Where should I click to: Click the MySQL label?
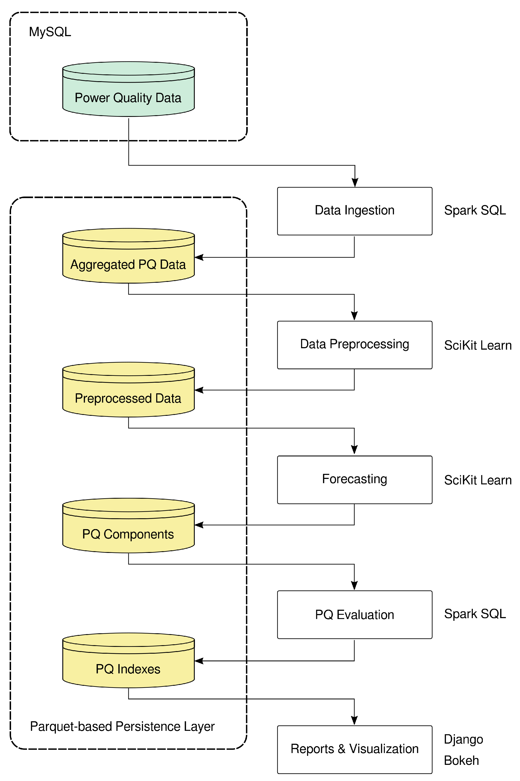50,32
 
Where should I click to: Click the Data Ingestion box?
354,211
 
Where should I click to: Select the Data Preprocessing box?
354,345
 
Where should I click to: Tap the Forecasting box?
354,480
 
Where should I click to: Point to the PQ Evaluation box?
354,615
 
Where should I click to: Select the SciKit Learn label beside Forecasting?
477,480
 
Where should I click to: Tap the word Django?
463,740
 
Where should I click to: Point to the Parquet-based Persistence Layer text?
122,727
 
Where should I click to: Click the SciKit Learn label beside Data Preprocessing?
477,345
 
